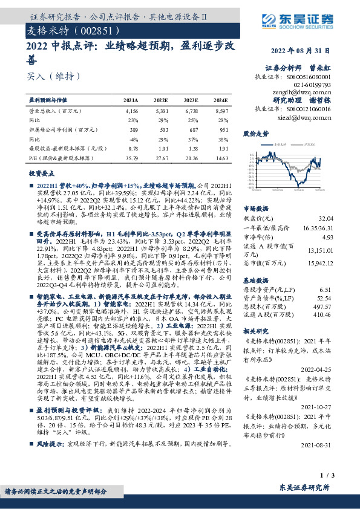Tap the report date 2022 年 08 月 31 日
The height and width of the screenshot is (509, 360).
pos(301,51)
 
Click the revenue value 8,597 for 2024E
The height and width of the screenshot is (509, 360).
pos(221,112)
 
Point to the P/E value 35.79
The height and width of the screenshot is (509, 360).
pos(131,158)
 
